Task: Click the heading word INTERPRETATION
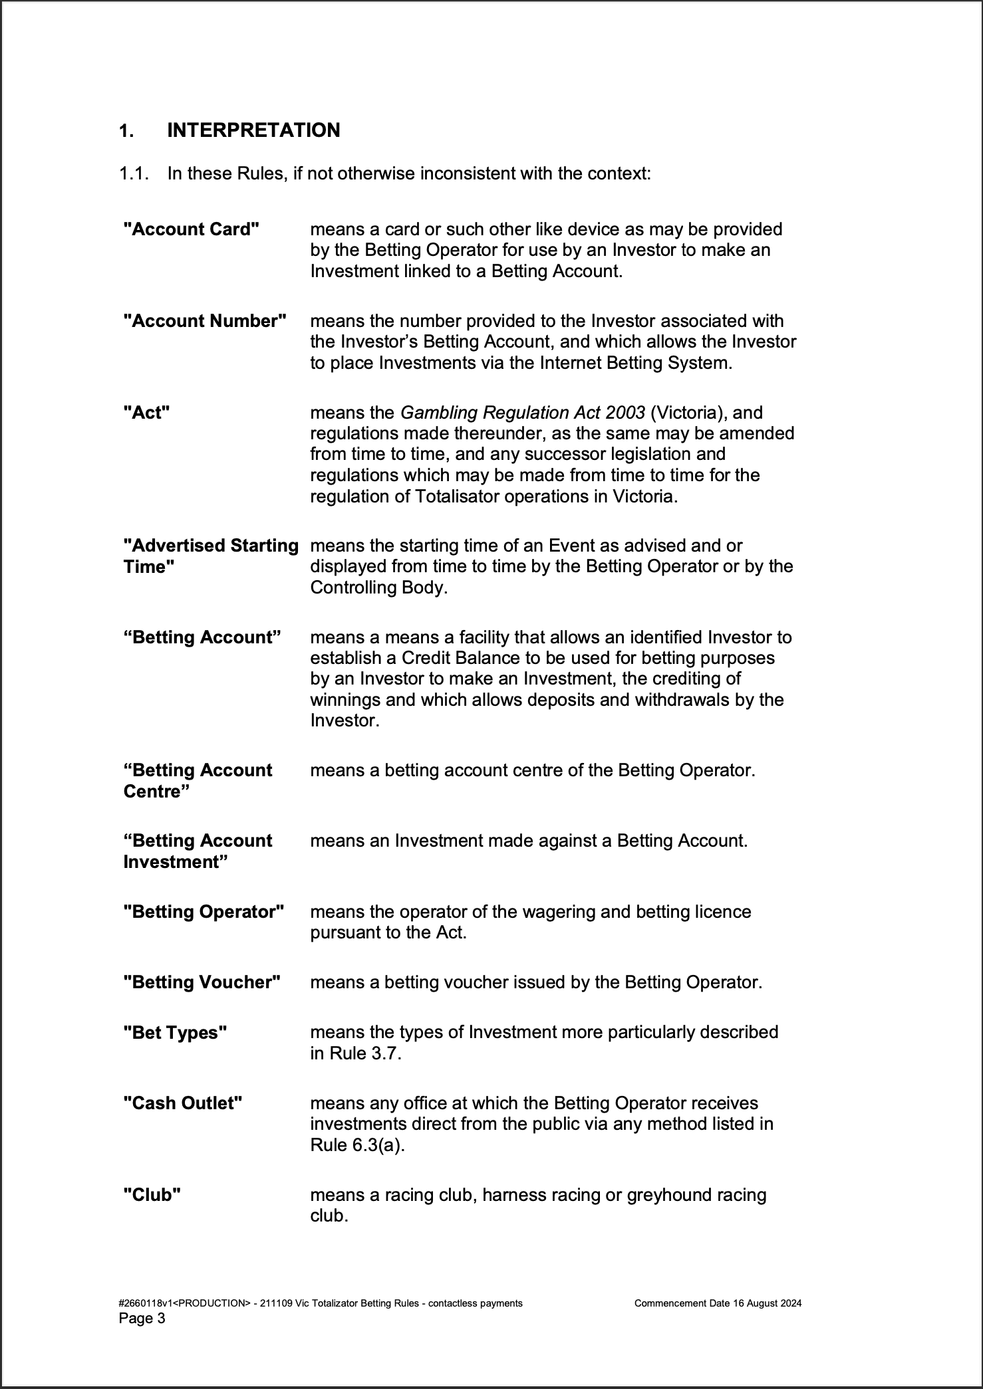click(253, 130)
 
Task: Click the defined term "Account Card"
click(192, 229)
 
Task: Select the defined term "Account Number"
click(205, 321)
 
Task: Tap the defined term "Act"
click(147, 413)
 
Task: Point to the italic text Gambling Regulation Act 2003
click(522, 413)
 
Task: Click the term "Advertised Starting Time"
click(210, 556)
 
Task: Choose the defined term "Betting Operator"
click(204, 912)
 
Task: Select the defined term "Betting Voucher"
click(202, 982)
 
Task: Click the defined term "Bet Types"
click(175, 1033)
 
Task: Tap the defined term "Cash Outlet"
click(183, 1103)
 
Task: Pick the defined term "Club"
click(152, 1195)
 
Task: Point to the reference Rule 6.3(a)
click(357, 1146)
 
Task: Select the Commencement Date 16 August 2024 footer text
click(718, 1303)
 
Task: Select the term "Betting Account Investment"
click(198, 851)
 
